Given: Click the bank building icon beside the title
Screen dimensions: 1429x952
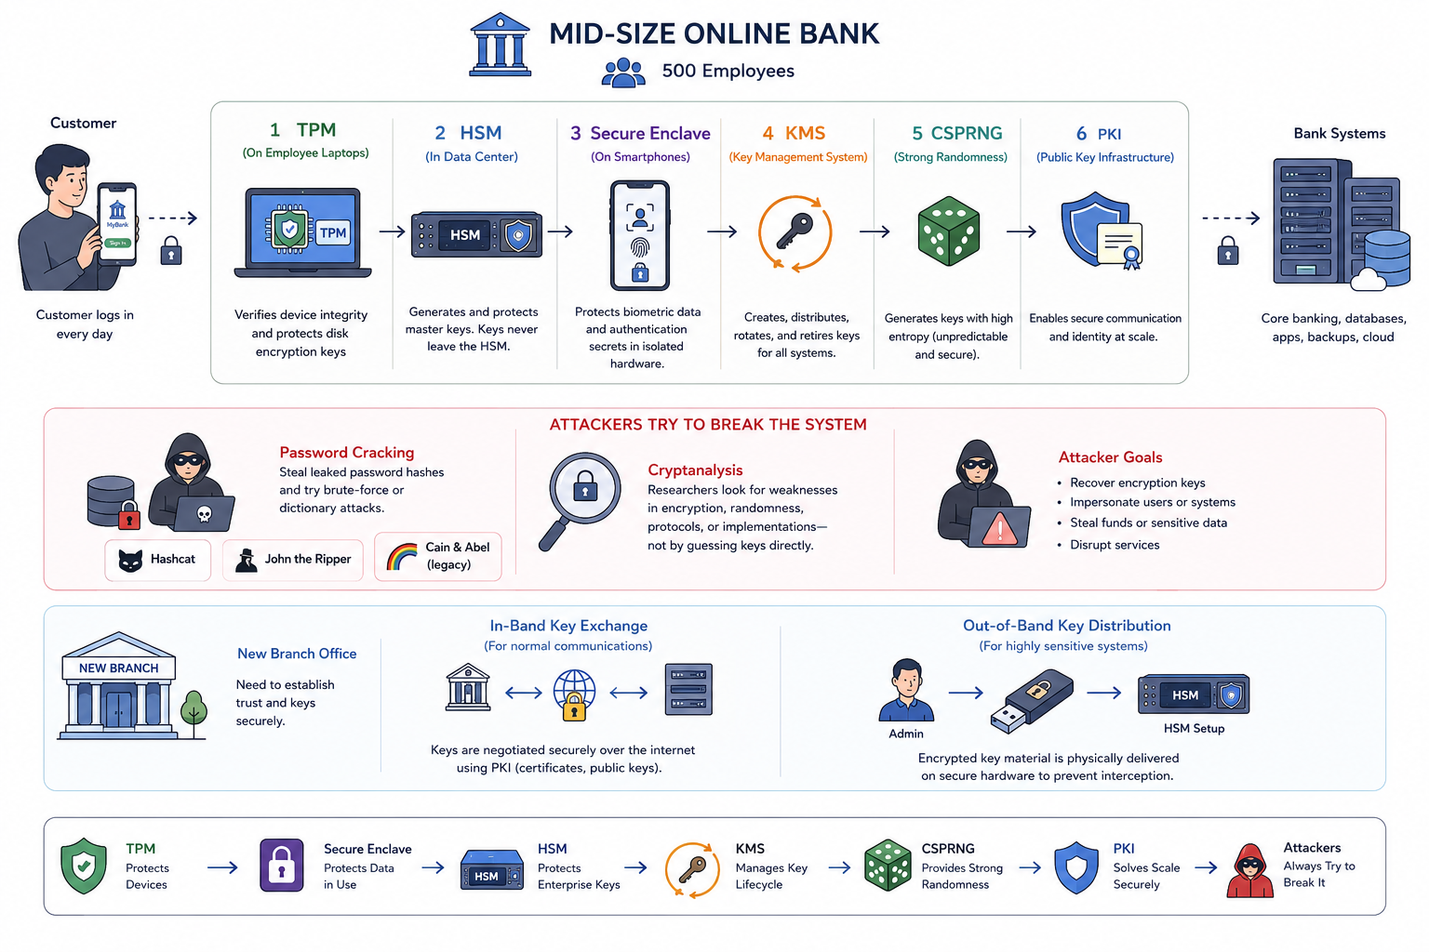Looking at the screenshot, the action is tap(501, 45).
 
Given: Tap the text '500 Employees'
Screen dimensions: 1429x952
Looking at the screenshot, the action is tap(728, 71).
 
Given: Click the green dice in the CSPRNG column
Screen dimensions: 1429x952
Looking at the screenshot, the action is tap(949, 231).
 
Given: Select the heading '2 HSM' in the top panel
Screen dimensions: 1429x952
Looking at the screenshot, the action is tap(468, 133).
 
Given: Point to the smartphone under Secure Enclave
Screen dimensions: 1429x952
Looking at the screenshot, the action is tap(640, 235).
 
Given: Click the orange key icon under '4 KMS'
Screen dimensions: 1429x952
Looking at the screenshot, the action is tap(795, 233).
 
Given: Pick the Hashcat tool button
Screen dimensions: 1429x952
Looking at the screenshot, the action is tap(157, 560).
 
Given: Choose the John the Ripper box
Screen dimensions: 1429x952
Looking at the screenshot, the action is tap(293, 560).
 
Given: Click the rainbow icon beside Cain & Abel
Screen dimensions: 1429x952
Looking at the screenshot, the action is tap(402, 556).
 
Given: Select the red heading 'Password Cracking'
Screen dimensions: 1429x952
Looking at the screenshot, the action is tap(346, 453).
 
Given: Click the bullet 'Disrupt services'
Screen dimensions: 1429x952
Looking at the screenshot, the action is tap(1115, 545).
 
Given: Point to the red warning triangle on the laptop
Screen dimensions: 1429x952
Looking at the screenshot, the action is tap(1000, 529).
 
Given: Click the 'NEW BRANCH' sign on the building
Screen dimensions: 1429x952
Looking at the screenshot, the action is tap(119, 668).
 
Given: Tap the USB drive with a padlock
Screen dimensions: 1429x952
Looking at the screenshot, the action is tap(1032, 701).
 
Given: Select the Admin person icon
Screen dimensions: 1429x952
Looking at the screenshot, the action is tap(906, 690).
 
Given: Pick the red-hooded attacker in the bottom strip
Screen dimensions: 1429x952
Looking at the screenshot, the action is tap(1249, 871).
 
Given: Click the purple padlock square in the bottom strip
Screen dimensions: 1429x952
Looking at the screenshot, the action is tap(281, 866).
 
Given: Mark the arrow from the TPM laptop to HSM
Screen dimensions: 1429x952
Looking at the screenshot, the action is tap(393, 231).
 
